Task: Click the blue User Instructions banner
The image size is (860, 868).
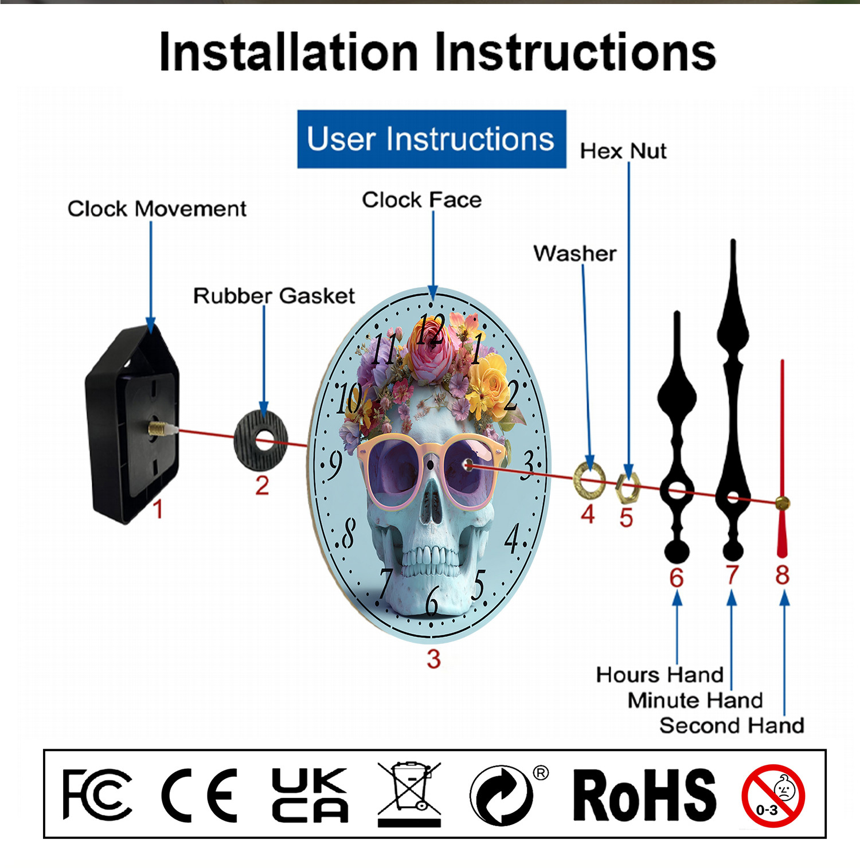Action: pos(432,139)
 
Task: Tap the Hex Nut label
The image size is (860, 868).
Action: pos(623,151)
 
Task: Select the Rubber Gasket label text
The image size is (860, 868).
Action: pos(274,296)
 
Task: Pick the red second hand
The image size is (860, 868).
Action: pos(782,459)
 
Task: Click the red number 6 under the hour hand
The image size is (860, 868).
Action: pos(677,577)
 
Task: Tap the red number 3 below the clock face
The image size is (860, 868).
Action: pos(433,659)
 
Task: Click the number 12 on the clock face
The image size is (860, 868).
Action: pos(431,330)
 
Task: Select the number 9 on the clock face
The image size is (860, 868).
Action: pos(334,463)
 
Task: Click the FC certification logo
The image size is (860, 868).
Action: pos(97,795)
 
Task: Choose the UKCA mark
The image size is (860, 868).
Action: pos(310,795)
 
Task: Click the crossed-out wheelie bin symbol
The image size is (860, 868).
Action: pos(409,794)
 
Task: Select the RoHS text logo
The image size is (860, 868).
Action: pos(645,795)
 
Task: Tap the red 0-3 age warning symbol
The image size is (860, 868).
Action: pos(773,796)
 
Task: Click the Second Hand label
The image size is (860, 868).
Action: pos(732,726)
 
